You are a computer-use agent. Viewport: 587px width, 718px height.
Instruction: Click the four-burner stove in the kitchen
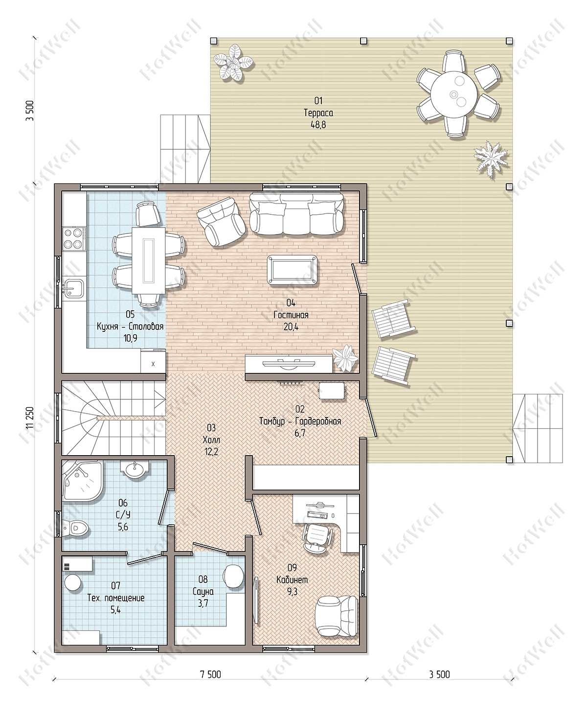click(74, 238)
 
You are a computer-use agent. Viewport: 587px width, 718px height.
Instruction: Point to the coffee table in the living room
click(293, 270)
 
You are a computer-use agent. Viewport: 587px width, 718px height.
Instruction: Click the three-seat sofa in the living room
click(296, 213)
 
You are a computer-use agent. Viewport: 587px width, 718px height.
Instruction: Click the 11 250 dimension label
click(30, 417)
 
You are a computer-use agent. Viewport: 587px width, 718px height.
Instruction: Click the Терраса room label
click(318, 113)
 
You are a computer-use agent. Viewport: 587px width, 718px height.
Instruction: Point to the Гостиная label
click(291, 315)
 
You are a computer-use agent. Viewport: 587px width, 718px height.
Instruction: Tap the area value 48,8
click(318, 125)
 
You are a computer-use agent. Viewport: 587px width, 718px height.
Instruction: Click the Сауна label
click(203, 591)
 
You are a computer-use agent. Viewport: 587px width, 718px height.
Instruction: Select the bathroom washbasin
click(135, 470)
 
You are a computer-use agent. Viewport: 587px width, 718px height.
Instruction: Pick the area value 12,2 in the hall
click(211, 452)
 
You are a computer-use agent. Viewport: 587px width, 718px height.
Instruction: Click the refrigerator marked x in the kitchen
click(153, 362)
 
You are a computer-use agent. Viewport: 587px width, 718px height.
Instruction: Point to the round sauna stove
click(233, 576)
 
